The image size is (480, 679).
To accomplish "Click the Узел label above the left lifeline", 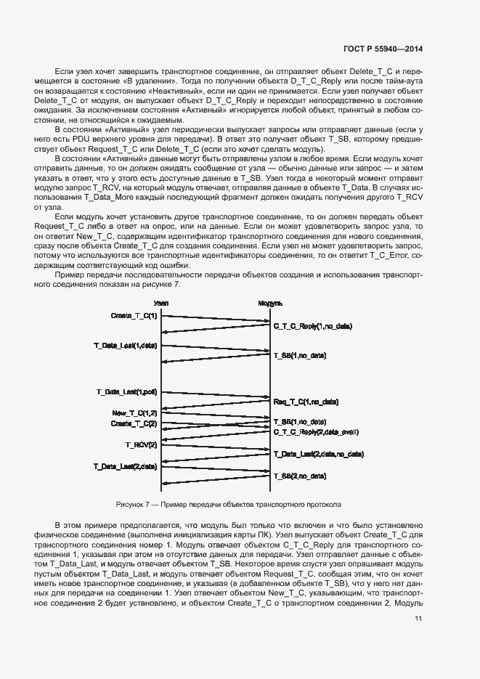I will coord(161,303).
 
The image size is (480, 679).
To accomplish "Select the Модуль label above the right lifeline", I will coord(271,303).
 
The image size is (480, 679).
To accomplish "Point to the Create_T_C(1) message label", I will coord(133,315).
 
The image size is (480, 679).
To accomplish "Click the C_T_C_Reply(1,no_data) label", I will coord(312,327).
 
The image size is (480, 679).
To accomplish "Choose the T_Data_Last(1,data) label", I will coord(125,345).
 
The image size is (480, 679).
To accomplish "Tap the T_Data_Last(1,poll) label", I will coord(126,391).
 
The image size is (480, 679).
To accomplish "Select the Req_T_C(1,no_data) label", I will coord(305,402).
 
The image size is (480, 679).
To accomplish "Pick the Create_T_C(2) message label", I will coord(133,423).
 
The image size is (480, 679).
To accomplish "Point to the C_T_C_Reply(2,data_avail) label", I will coord(316,432).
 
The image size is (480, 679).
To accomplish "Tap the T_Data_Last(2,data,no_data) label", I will coord(318,454).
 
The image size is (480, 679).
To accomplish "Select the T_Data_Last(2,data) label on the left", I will coord(125,465).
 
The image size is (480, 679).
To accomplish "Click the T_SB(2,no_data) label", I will coord(299,476).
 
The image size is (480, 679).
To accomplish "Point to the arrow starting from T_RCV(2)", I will coord(216,448).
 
